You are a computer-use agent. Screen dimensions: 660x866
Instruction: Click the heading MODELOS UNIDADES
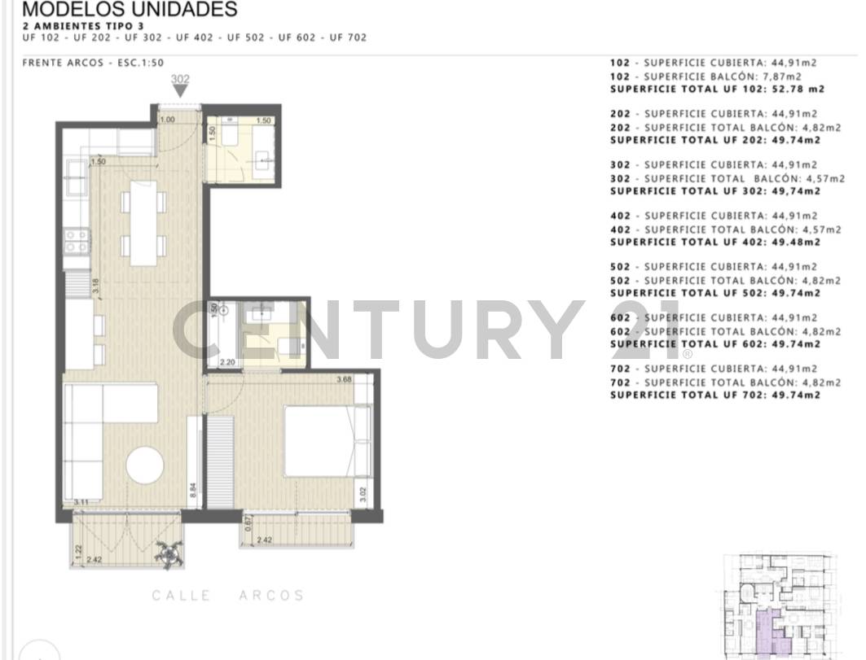tap(130, 10)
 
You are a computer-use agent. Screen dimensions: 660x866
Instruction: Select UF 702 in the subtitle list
tap(348, 37)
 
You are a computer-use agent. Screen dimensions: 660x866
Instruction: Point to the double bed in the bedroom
tap(319, 440)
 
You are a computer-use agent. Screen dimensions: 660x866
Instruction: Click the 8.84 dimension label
tap(193, 490)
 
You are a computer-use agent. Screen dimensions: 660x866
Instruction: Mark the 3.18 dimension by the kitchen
tap(95, 286)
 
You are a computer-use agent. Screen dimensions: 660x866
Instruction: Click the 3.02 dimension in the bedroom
tap(363, 494)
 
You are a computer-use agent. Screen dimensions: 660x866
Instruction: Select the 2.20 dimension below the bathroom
tap(227, 362)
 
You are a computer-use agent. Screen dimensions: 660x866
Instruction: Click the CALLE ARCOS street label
tap(228, 596)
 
